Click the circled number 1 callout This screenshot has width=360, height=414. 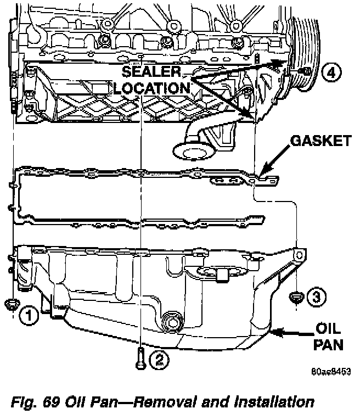click(29, 315)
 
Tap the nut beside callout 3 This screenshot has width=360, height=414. click(296, 296)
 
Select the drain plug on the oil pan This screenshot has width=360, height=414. click(172, 322)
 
